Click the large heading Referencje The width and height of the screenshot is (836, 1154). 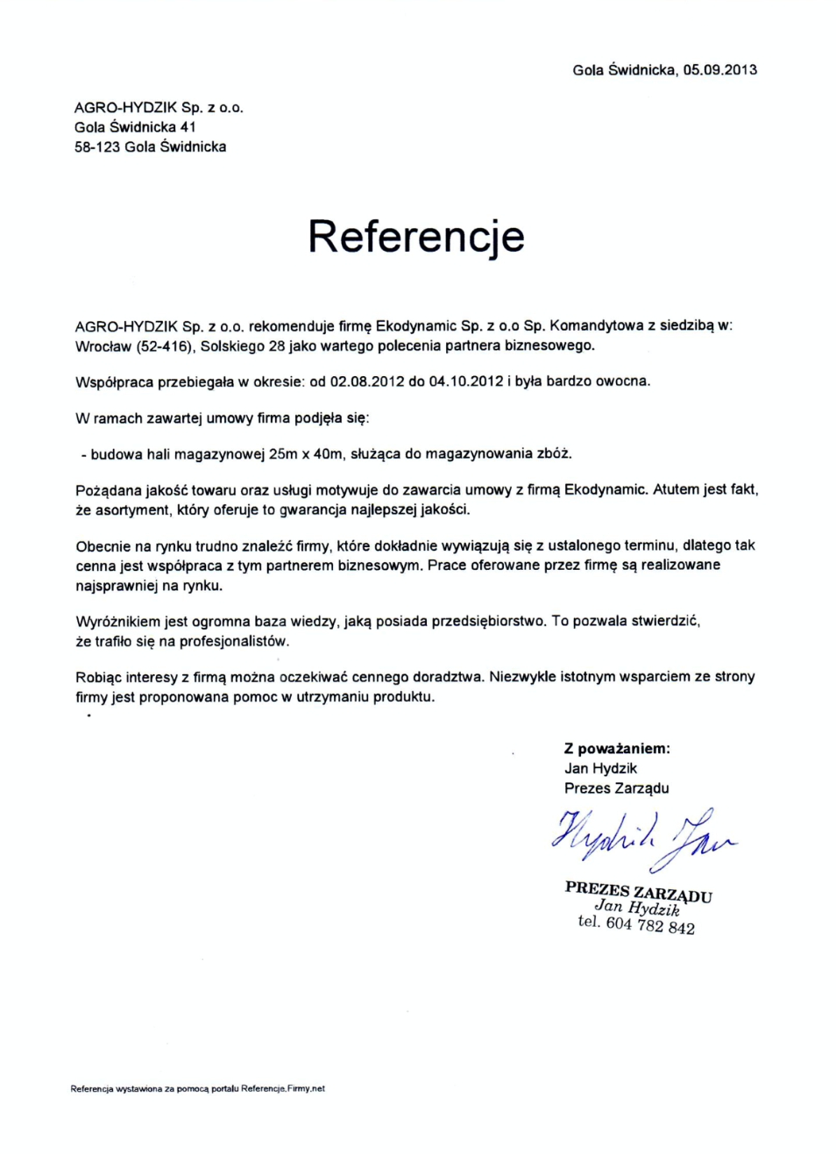click(x=416, y=236)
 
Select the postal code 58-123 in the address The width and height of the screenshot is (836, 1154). click(x=96, y=147)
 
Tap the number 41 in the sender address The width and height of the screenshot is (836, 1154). click(x=188, y=127)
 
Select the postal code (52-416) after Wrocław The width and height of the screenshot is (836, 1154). click(x=164, y=345)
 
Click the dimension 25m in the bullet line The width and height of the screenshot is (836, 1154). click(x=284, y=454)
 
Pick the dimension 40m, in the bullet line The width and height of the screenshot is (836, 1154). click(x=332, y=454)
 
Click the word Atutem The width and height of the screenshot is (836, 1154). click(x=676, y=489)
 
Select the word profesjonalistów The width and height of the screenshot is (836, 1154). click(x=234, y=642)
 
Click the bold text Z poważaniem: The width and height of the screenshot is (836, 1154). click(x=617, y=749)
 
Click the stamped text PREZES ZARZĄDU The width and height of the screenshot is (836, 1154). click(x=638, y=891)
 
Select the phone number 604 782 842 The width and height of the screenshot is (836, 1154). click(x=650, y=926)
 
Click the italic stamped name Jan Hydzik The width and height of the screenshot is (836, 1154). click(x=637, y=908)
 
